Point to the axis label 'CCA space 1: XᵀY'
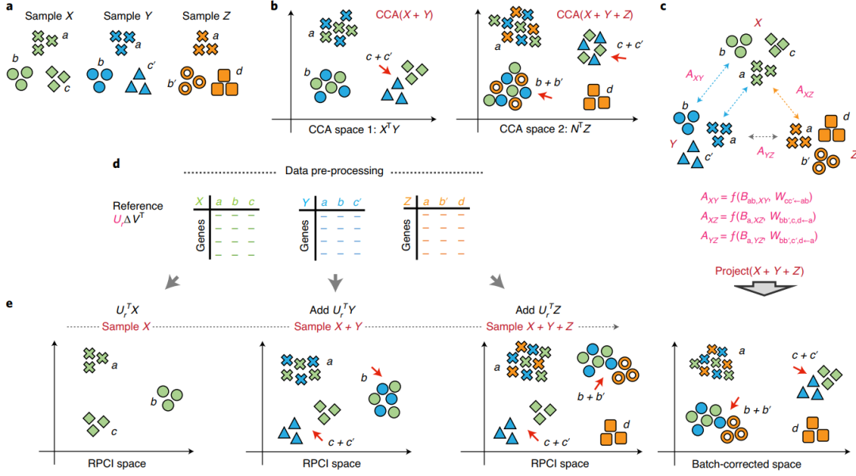tap(353, 129)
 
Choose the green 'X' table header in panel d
tap(199, 202)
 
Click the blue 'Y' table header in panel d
tap(305, 202)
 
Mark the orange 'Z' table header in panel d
tap(407, 202)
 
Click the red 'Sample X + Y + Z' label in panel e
tap(529, 326)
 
